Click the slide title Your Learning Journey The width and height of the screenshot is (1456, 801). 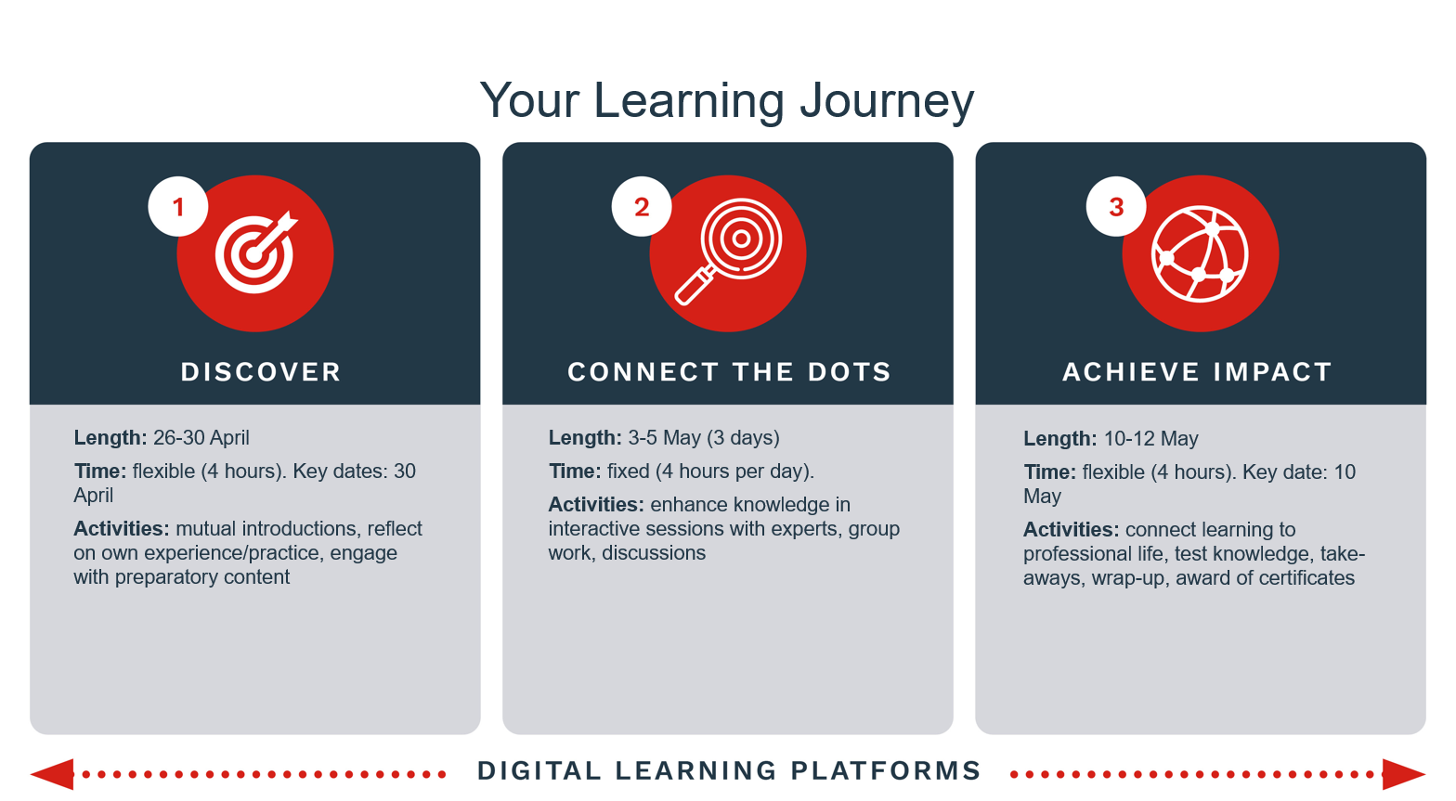pyautogui.click(x=727, y=100)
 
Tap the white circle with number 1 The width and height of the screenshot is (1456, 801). pyautogui.click(x=178, y=207)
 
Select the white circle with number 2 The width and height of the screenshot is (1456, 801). pyautogui.click(x=642, y=207)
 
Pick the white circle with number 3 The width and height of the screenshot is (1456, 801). pyautogui.click(x=1116, y=207)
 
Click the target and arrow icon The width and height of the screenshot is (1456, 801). pyautogui.click(x=256, y=252)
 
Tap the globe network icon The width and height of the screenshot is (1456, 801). pyautogui.click(x=1200, y=253)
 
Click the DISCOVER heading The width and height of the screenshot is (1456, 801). pyautogui.click(x=261, y=372)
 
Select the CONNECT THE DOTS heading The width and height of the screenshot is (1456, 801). pyautogui.click(x=729, y=372)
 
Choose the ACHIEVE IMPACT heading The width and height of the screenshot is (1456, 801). pyautogui.click(x=1197, y=372)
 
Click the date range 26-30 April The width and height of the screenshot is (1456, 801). pyautogui.click(x=201, y=438)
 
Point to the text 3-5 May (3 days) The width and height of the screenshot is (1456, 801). pyautogui.click(x=704, y=438)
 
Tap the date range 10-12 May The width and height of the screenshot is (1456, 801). pyautogui.click(x=1151, y=438)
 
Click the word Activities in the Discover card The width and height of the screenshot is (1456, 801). pyautogui.click(x=122, y=529)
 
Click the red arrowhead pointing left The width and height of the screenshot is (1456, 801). pyautogui.click(x=52, y=774)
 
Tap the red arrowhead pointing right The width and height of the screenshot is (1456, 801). pyautogui.click(x=1404, y=774)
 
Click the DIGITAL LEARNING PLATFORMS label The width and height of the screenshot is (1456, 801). pyautogui.click(x=729, y=771)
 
